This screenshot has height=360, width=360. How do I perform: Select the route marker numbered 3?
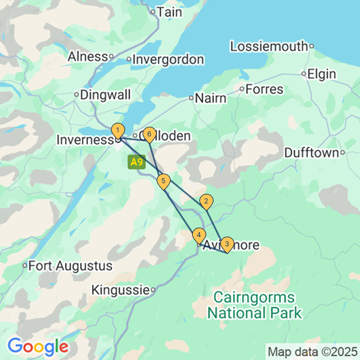(x=226, y=244)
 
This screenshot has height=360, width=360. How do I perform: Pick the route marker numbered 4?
(x=198, y=234)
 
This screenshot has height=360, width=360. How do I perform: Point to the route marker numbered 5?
(x=163, y=181)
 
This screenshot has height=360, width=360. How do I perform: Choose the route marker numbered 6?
(x=149, y=134)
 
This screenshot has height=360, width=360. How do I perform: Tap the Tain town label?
(x=170, y=11)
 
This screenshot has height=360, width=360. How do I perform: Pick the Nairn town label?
(x=211, y=98)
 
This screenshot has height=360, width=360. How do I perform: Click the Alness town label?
(x=87, y=56)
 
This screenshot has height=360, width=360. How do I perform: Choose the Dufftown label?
(x=310, y=153)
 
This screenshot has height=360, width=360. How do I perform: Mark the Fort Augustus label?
(x=70, y=265)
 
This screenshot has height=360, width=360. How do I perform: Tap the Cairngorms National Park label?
(x=254, y=305)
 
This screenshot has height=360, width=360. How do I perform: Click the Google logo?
(x=38, y=345)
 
